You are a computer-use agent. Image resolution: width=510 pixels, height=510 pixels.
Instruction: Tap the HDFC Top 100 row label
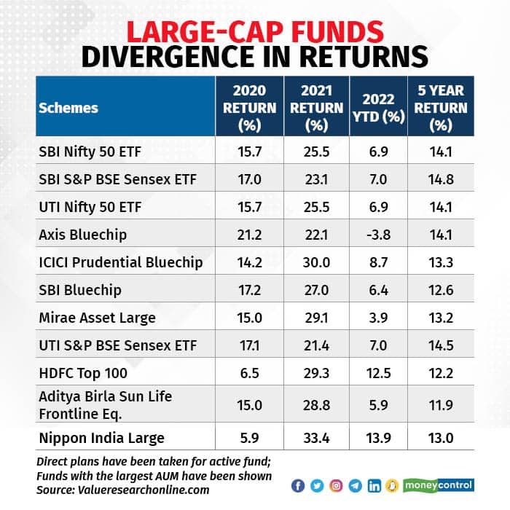click(82, 374)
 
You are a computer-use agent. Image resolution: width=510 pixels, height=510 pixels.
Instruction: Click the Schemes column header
click(68, 108)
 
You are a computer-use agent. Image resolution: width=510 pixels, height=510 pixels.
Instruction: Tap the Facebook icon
click(298, 486)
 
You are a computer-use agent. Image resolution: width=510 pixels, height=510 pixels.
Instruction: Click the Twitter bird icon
click(317, 486)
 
